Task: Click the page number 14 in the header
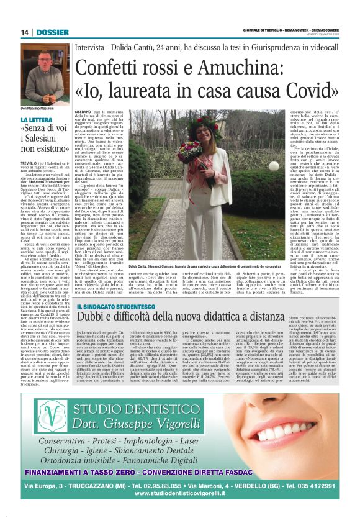(25, 32)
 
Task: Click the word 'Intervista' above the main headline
(91, 47)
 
